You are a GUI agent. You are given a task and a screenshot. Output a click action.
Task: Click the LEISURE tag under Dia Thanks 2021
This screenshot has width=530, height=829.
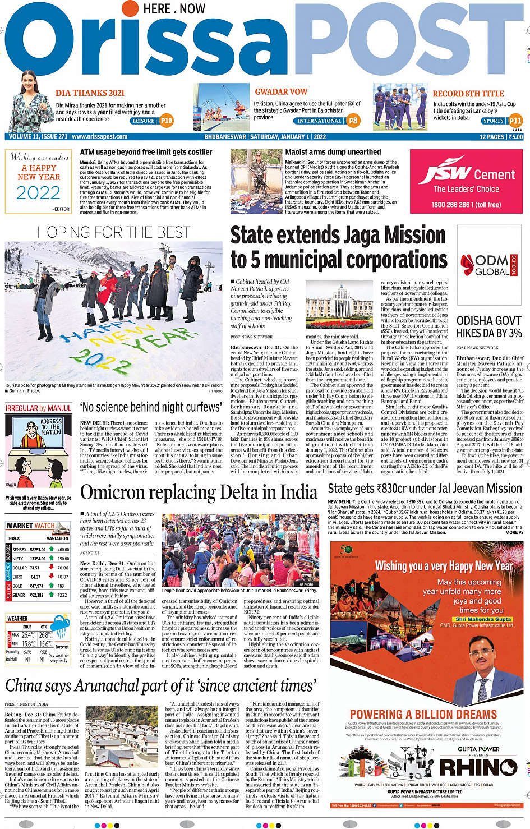[x=144, y=121]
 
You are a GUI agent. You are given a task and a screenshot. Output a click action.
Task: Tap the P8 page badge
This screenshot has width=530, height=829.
[x=353, y=121]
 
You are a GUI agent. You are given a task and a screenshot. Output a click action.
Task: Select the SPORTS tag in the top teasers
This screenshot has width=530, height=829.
[x=493, y=121]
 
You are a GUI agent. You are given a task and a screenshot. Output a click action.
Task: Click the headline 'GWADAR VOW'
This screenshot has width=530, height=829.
[x=281, y=92]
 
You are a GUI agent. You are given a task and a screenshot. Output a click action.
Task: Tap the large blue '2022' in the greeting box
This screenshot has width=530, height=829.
[x=38, y=193]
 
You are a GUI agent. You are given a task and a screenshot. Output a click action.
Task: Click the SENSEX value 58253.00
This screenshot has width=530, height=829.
[x=38, y=550]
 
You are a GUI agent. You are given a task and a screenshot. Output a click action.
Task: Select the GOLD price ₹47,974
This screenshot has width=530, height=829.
[x=36, y=586]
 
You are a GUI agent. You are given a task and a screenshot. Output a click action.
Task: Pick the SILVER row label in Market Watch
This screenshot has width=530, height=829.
[x=19, y=595]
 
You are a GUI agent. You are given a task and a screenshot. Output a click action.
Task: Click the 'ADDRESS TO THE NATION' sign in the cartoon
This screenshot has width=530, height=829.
[x=51, y=426]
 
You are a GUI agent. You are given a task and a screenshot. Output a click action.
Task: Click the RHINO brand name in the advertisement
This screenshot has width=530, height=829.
[x=478, y=767]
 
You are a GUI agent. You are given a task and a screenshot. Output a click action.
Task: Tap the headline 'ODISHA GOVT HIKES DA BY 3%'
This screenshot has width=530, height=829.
[x=488, y=327]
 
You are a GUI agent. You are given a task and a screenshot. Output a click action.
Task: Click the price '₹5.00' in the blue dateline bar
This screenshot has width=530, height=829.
[x=515, y=137]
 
